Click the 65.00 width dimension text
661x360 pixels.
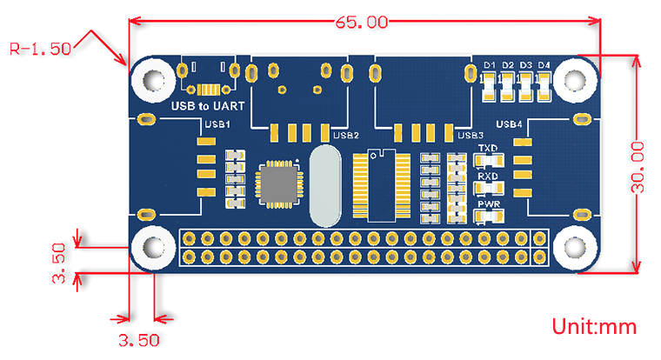358,23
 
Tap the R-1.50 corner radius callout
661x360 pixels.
40,49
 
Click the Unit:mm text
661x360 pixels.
595,327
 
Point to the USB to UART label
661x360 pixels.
207,106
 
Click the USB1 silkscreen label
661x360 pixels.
216,124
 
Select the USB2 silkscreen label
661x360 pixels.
346,135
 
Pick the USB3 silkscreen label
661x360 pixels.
470,135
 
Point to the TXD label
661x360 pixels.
487,149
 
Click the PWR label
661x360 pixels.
487,205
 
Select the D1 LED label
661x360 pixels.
489,65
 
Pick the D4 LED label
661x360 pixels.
544,65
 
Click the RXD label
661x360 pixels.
487,177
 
